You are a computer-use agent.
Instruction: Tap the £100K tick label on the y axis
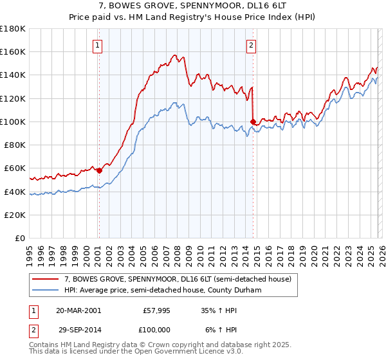pos(13,122)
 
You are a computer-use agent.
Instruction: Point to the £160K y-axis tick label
pos(13,51)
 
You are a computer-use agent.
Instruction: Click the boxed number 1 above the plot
pos(97,45)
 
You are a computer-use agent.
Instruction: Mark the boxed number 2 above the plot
pos(250,45)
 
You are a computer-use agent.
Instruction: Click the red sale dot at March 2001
pos(100,170)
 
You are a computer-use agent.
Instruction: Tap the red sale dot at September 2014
pos(253,121)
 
